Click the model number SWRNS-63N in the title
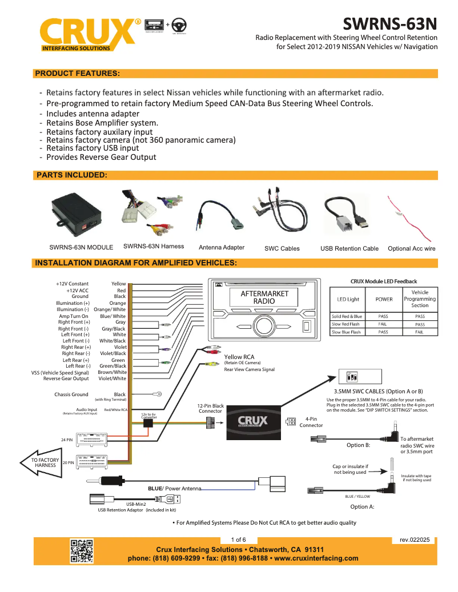390,24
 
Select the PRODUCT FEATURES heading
78,74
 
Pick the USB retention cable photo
349,215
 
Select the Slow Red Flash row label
346,324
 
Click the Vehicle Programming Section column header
419,299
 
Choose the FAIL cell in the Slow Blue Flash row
419,332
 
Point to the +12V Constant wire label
72,284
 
